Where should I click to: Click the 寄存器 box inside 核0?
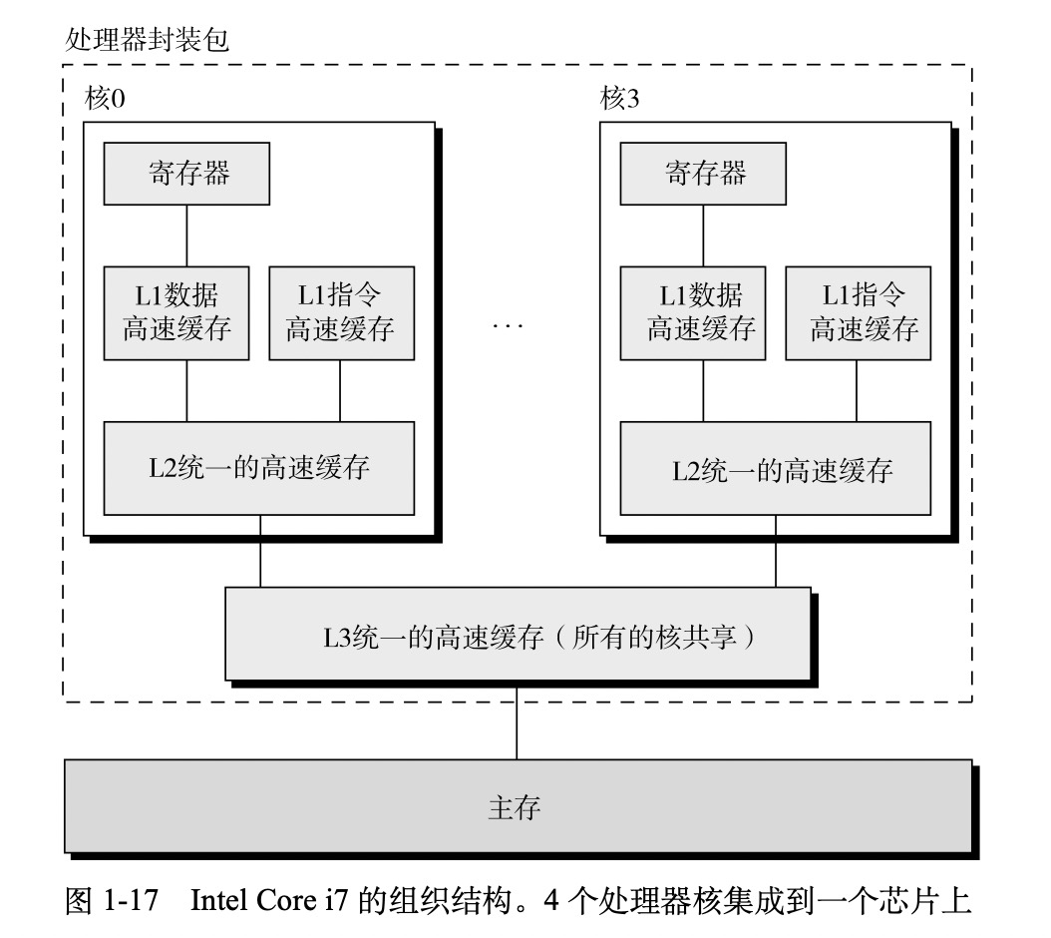(x=186, y=174)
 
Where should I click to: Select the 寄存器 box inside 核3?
(x=703, y=174)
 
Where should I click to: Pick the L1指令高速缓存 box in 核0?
(x=340, y=312)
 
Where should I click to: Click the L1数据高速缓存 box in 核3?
(x=693, y=312)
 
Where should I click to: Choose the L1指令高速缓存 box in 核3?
(x=857, y=312)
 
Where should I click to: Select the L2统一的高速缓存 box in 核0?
(x=258, y=468)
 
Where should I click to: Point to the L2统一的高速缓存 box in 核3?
(x=775, y=468)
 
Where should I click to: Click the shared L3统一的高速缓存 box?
(x=517, y=636)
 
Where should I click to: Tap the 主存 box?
(x=517, y=806)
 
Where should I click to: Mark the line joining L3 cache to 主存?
(x=517, y=722)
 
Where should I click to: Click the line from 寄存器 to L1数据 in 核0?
(x=186, y=235)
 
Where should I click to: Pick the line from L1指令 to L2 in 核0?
(x=340, y=390)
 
